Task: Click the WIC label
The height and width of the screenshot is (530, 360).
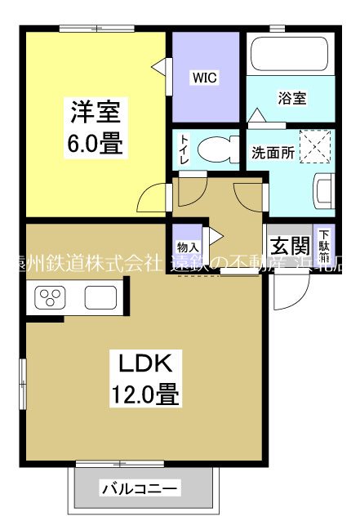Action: pos(204,78)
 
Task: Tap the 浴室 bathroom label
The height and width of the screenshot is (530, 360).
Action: pos(292,99)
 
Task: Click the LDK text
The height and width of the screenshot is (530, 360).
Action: pos(145,363)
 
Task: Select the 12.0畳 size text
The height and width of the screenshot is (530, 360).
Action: pos(145,396)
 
